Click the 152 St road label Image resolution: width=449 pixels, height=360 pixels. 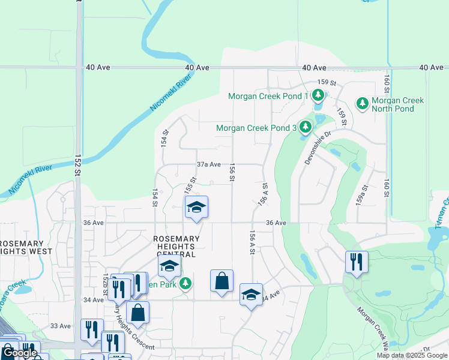coord(77,164)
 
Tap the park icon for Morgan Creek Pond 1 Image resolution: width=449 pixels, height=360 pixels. coord(318,95)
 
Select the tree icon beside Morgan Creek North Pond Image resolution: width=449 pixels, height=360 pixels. coord(362,103)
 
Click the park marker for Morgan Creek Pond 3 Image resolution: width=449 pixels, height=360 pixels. coord(306,127)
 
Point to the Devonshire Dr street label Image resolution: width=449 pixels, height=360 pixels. coord(318,151)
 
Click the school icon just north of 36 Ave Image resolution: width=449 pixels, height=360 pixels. coord(196,208)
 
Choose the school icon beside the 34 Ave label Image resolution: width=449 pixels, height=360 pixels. coord(251,295)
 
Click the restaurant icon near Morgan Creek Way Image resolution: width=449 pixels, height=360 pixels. coord(357,261)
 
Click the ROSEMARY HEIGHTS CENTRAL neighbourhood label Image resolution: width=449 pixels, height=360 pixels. coord(175,242)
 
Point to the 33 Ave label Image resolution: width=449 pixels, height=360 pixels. coord(60,326)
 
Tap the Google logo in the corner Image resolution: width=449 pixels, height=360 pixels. coord(20,353)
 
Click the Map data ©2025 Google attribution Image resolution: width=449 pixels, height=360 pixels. coord(412,355)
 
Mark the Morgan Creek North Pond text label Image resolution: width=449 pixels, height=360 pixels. coord(397,104)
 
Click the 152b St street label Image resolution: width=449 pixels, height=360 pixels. coord(105,284)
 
